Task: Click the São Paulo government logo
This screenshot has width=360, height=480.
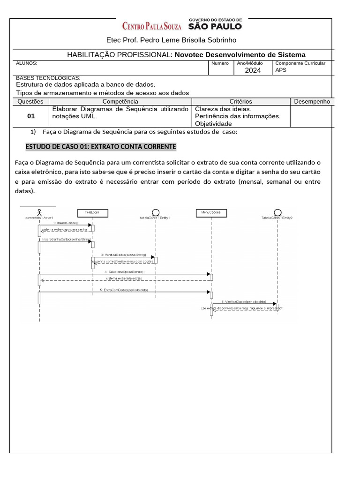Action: point(215,24)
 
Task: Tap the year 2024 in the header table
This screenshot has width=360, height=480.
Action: point(253,70)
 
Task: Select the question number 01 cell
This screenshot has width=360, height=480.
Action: point(31,116)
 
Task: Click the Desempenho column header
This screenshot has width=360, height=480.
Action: point(312,101)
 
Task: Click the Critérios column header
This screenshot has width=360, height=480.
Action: point(240,101)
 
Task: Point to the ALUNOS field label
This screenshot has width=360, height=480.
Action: point(27,63)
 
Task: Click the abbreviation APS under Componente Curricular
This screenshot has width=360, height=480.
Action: point(281,70)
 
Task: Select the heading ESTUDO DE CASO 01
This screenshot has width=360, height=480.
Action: point(101,147)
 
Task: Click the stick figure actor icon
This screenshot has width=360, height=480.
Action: point(40,211)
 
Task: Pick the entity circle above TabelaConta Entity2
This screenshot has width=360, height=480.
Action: point(277,212)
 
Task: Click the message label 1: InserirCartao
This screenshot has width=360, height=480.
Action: point(66,223)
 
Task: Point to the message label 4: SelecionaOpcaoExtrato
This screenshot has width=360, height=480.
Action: point(125,272)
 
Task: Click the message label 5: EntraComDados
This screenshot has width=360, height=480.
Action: point(124,290)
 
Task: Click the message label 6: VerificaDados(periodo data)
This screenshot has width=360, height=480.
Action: point(244,302)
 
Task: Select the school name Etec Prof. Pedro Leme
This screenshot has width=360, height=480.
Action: point(172,40)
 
